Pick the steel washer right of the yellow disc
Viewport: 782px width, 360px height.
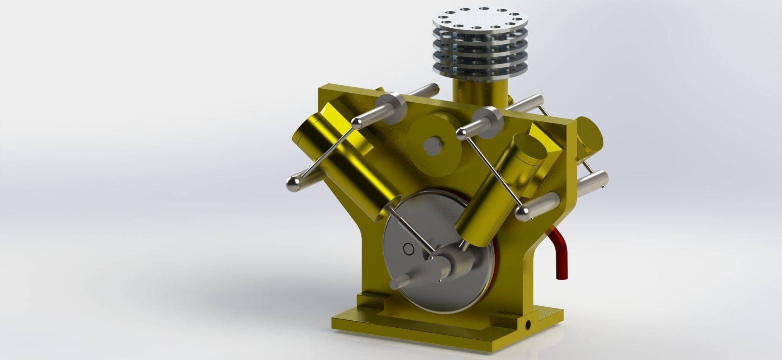(488, 122)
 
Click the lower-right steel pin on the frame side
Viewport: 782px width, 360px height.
(592, 183)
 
